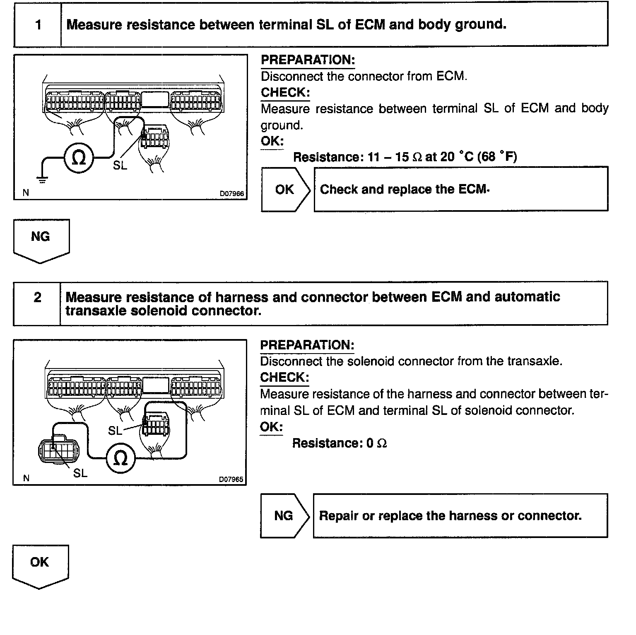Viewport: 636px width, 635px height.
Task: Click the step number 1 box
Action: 38,25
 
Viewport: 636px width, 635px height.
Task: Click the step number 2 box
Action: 37,298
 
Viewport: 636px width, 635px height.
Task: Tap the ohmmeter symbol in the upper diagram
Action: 79,158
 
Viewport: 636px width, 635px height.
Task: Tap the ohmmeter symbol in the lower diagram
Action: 120,458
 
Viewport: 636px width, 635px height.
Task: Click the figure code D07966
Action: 231,193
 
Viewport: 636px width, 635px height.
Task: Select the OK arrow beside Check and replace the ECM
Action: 285,189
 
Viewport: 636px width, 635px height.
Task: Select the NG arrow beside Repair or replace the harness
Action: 284,516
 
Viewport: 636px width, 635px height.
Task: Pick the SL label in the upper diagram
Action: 120,165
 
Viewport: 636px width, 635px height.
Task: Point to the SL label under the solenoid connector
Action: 80,473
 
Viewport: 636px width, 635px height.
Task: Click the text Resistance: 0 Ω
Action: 340,444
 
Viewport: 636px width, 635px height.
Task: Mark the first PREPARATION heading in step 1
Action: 308,60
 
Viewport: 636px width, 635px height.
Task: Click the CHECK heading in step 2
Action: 284,378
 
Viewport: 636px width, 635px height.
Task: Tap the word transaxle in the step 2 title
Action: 96,311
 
